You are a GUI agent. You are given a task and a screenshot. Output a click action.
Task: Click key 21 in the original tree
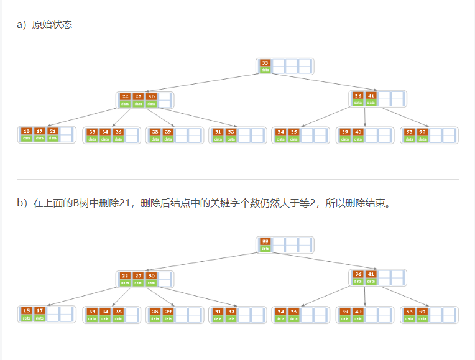tap(53, 131)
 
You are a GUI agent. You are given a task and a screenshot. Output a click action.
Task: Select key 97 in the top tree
tap(422, 131)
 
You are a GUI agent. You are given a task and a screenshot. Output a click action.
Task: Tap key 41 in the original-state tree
tap(371, 96)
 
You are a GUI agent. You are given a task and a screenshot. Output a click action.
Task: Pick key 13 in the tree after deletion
tap(26, 310)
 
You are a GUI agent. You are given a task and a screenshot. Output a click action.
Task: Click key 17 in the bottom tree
tap(40, 310)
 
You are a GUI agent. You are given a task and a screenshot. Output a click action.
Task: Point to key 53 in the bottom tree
tap(409, 310)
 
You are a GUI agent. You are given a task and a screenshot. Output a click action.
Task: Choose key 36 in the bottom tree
tap(357, 274)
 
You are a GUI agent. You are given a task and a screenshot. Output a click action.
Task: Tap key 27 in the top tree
tap(138, 96)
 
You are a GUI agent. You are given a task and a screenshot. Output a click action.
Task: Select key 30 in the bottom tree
tap(151, 275)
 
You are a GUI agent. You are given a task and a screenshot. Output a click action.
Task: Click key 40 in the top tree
tap(358, 131)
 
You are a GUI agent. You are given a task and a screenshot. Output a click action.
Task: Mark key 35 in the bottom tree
tap(293, 310)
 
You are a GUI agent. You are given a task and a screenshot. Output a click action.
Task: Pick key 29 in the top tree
tap(168, 131)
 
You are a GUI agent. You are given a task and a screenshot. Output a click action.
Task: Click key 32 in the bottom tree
tap(231, 310)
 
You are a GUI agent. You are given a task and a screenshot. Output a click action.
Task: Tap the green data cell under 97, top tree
tap(422, 139)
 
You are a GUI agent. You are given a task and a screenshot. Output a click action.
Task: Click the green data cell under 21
tap(53, 139)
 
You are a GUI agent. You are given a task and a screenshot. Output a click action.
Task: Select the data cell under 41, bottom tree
tap(371, 282)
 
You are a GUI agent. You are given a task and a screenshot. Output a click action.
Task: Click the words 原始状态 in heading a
tap(52, 25)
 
